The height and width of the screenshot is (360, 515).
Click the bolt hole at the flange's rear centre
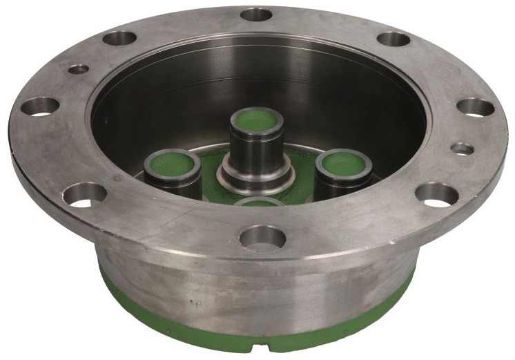[x=257, y=15]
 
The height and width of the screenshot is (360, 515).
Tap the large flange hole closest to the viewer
[x=262, y=238]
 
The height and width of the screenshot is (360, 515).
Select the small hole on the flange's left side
[x=79, y=69]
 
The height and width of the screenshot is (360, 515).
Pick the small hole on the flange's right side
[x=462, y=149]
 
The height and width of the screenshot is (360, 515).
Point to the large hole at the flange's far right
[x=476, y=107]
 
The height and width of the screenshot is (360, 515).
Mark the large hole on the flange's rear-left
[x=119, y=38]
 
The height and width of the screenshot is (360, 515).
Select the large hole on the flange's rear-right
[x=393, y=39]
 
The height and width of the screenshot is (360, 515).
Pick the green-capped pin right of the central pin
[x=343, y=164]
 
